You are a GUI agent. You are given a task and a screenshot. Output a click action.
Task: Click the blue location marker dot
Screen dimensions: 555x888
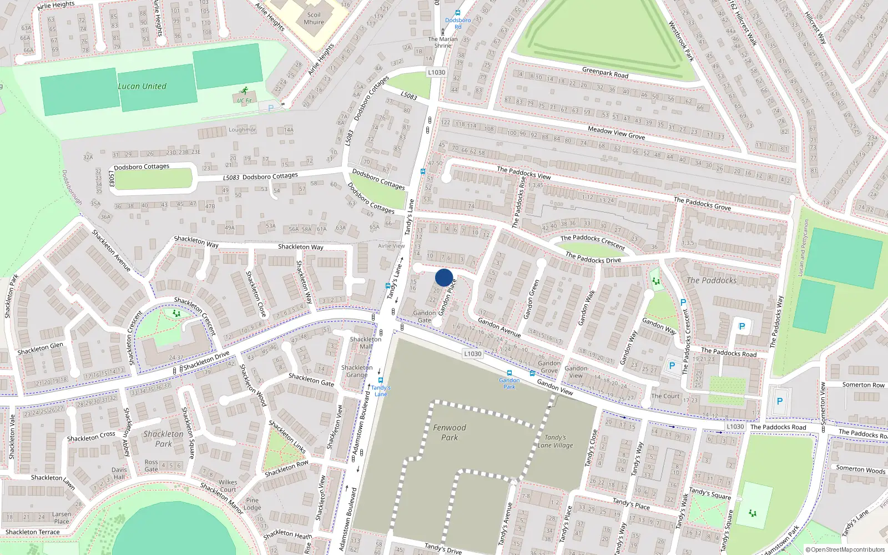coord(444,277)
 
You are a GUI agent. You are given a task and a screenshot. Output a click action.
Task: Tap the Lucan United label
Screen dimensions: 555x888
coord(142,86)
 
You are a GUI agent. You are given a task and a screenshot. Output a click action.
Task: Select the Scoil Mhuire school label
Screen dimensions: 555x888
coord(314,18)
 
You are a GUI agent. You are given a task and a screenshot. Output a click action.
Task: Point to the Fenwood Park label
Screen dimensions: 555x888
coord(450,432)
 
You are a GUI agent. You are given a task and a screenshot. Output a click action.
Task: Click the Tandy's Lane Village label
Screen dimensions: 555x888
coord(555,441)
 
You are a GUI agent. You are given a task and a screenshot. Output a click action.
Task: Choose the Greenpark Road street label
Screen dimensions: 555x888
coord(605,72)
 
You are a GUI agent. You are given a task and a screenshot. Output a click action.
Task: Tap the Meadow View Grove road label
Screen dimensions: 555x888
coord(616,133)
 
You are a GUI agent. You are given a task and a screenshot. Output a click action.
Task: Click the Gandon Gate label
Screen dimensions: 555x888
coord(424,316)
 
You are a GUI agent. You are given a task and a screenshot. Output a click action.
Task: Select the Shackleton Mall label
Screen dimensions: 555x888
coord(366,342)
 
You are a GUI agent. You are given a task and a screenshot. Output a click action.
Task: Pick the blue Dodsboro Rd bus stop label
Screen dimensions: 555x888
coord(458,23)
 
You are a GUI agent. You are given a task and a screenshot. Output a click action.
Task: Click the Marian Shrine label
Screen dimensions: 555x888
coord(443,42)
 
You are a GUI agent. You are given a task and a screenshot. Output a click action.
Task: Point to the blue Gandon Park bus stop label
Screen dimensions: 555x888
coord(509,383)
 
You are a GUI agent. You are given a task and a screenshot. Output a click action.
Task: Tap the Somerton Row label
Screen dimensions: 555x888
coord(863,385)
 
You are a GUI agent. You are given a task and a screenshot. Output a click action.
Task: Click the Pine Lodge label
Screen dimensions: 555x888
coord(252,503)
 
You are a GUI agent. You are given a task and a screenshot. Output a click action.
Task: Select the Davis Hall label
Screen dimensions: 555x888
coord(119,473)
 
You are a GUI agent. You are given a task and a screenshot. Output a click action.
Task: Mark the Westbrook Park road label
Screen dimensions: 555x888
coord(681,41)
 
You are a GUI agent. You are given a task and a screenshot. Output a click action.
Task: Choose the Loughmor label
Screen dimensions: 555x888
coord(243,129)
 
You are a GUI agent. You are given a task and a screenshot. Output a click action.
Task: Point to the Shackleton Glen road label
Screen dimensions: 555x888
coord(40,348)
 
